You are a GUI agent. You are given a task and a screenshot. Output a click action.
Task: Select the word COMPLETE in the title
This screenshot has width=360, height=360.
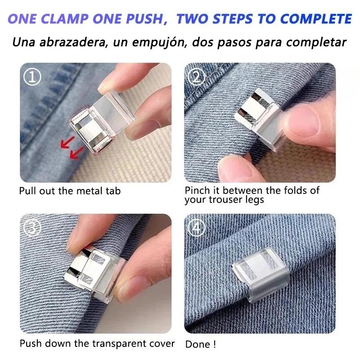(x=315, y=19)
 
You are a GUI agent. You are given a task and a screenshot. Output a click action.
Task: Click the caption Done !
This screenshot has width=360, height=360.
(x=200, y=344)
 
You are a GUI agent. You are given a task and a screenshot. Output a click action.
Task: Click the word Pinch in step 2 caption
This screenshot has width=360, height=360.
(x=197, y=190)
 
